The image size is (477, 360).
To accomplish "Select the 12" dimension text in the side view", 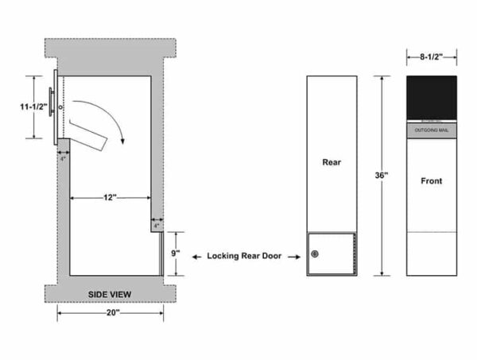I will (110, 196).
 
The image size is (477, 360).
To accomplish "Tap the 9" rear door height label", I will (176, 254).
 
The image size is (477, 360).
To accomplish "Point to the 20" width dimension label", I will (112, 313).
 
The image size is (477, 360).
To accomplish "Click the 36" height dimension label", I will (381, 175).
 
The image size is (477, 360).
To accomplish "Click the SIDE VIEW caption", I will (110, 295).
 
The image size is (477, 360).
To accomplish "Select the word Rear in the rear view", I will (332, 162).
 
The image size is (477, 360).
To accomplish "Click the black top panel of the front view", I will (432, 97).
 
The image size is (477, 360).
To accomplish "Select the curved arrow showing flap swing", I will (111, 119).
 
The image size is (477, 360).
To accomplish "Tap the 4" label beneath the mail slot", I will (63, 158).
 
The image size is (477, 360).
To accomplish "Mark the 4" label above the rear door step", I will (157, 226).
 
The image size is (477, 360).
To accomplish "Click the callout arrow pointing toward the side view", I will (196, 256).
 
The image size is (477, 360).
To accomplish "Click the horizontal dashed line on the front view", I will (432, 232).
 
